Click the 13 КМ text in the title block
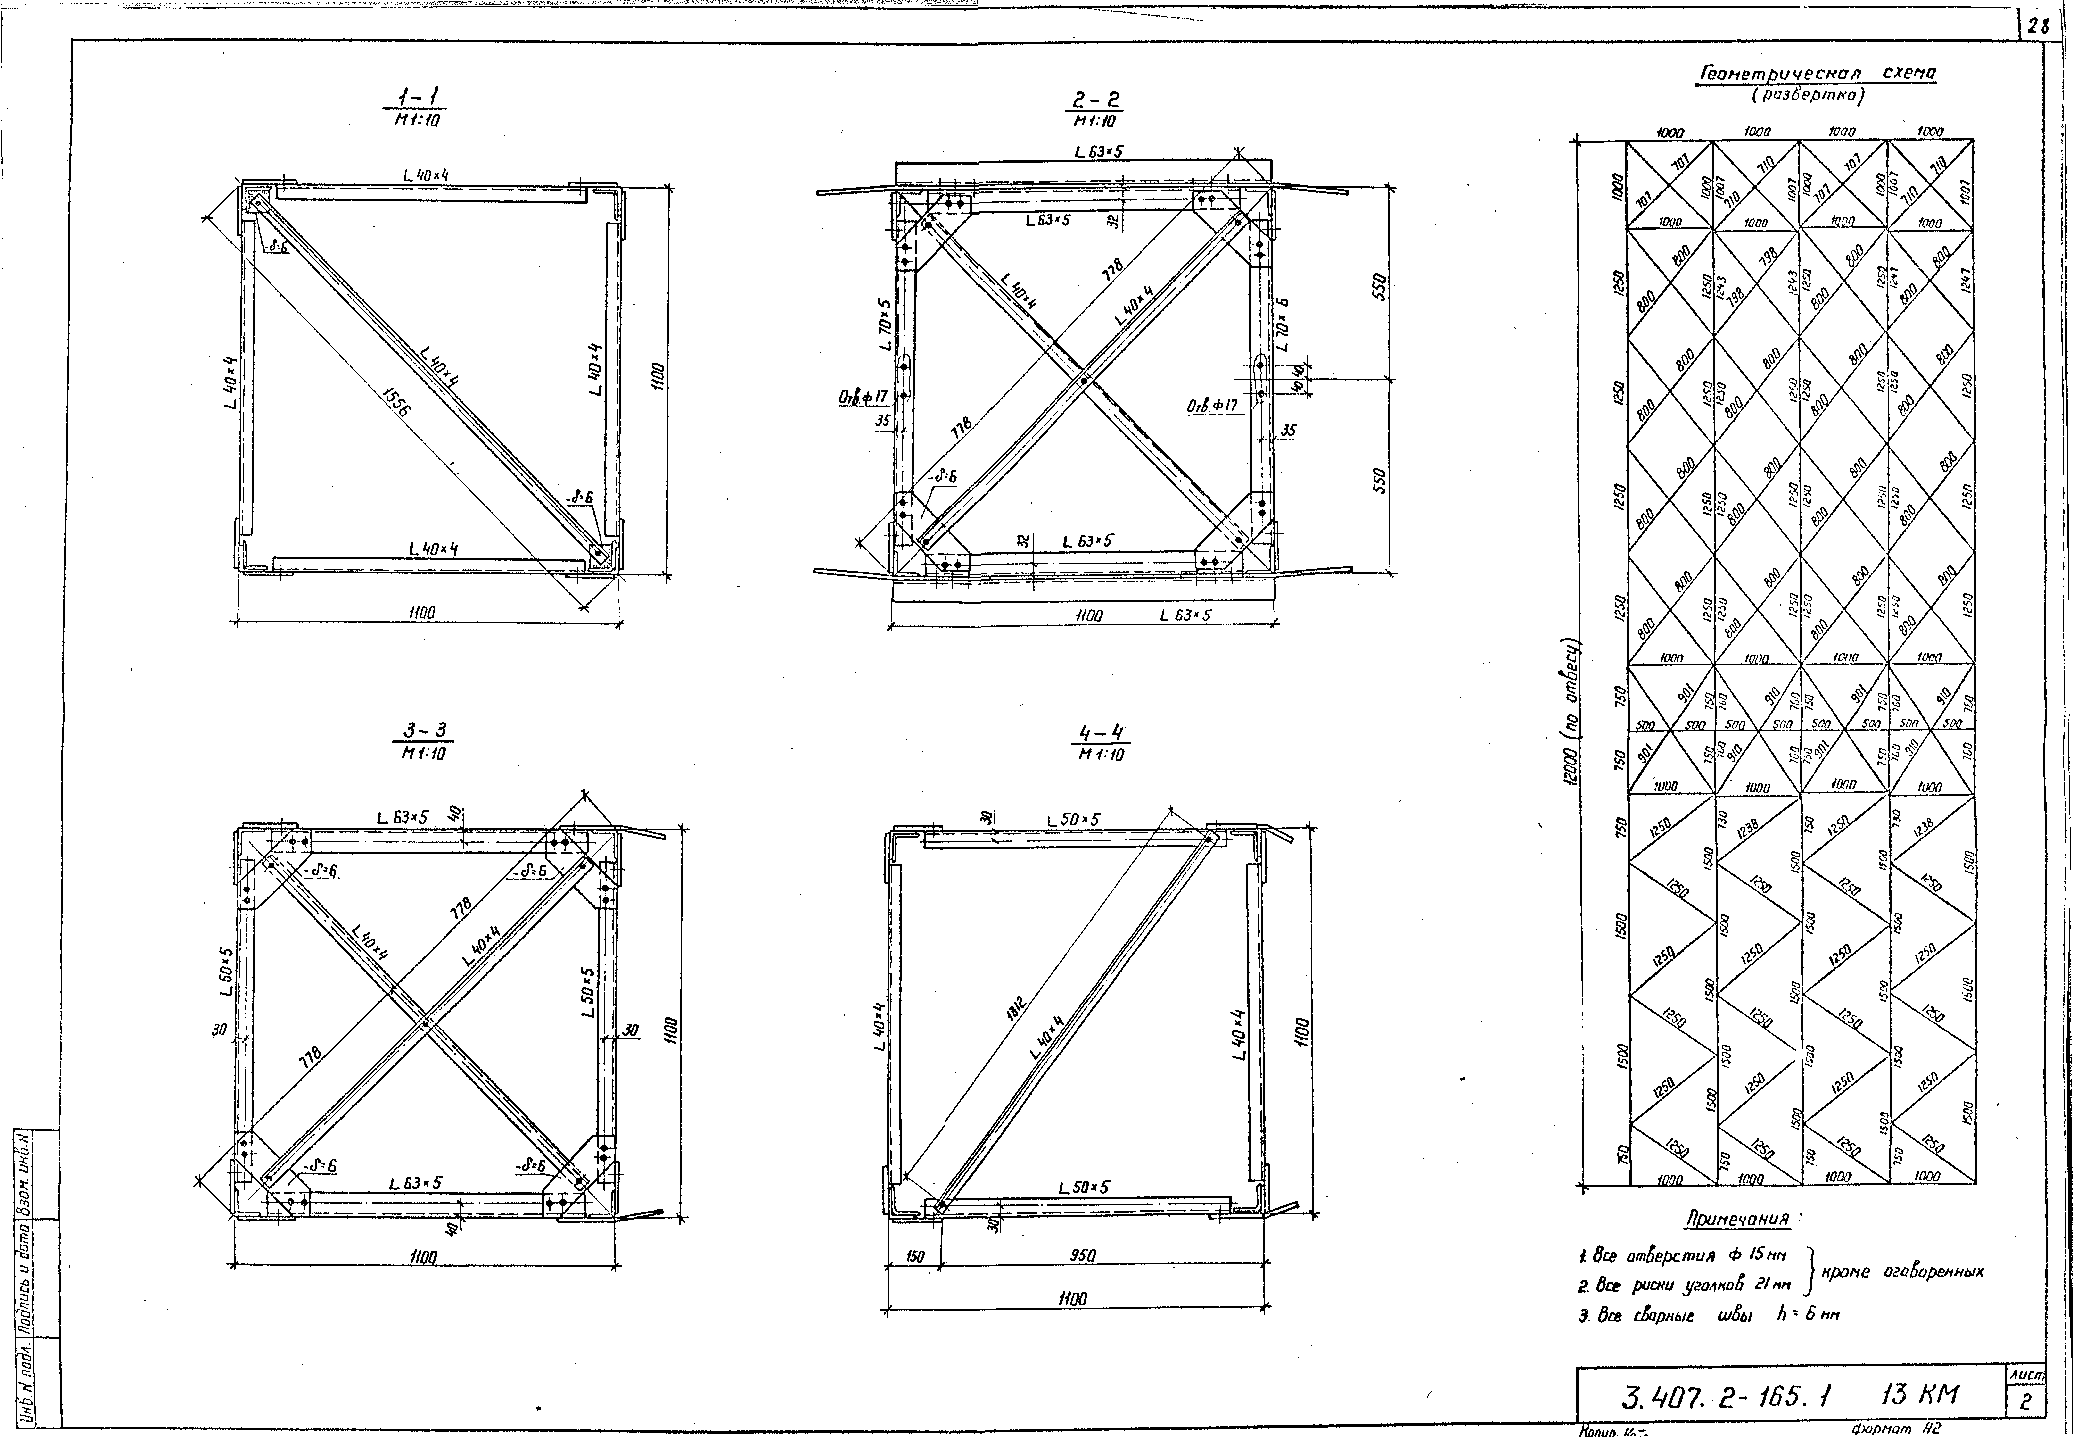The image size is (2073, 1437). click(1919, 1395)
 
